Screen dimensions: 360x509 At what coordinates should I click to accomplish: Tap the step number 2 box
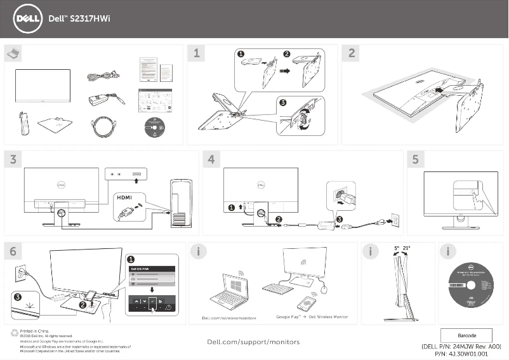tap(352, 53)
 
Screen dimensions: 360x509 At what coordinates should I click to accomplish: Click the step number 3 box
tap(13, 159)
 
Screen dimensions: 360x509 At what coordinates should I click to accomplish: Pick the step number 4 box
tap(211, 159)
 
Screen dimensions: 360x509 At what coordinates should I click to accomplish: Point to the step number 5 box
tap(415, 159)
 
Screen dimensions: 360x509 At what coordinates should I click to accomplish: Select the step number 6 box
tap(13, 251)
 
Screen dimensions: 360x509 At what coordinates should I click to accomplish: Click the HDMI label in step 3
tap(124, 197)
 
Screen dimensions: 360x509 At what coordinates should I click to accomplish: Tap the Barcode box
tap(466, 335)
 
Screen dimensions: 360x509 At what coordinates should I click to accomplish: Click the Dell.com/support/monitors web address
tap(254, 342)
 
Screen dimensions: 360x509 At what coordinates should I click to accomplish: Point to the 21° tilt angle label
tap(406, 248)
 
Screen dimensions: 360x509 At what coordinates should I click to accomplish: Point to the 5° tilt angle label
tap(396, 248)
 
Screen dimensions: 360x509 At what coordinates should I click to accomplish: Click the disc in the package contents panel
tap(155, 127)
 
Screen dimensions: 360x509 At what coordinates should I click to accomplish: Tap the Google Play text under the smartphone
tap(288, 317)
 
